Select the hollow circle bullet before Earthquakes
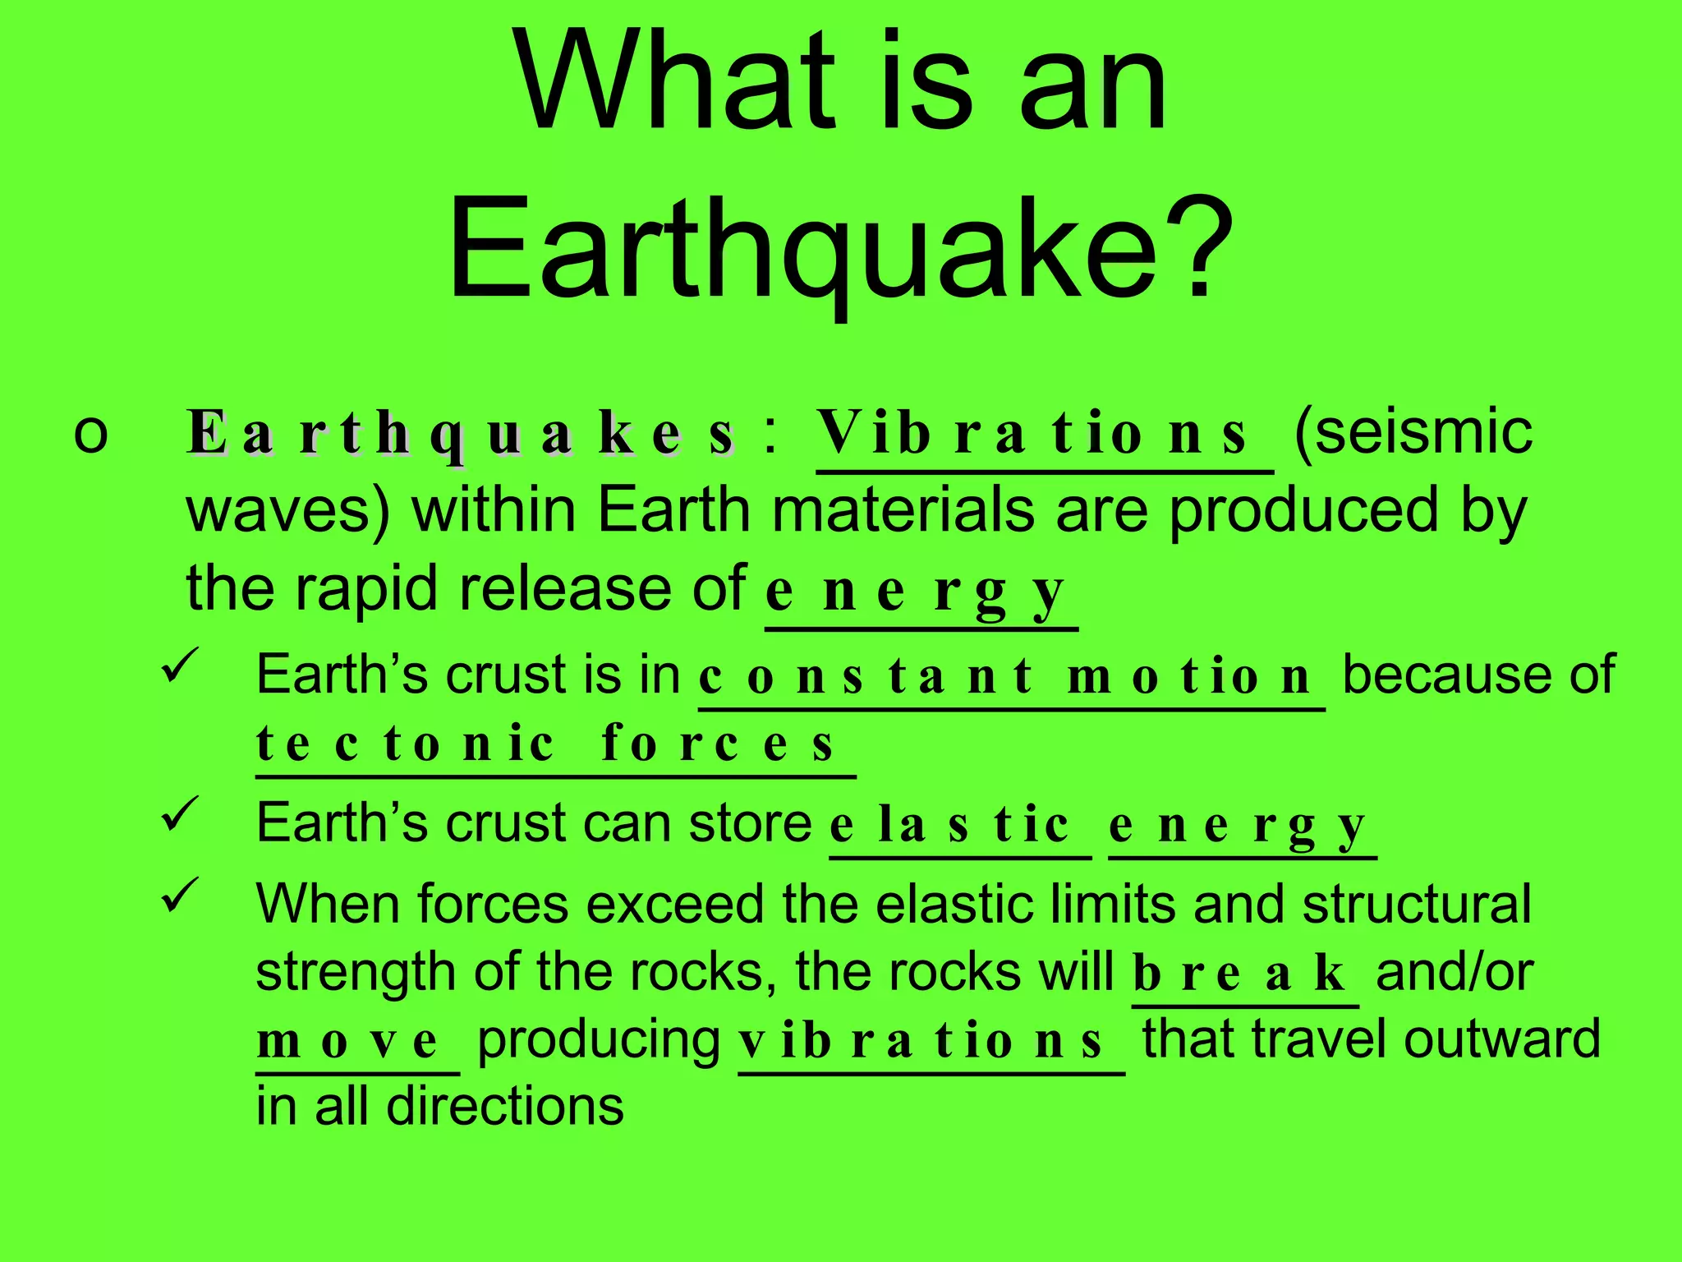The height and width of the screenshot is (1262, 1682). tap(90, 433)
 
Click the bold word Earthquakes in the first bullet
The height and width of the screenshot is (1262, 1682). tap(460, 433)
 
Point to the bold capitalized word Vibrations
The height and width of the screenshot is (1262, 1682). tap(1035, 433)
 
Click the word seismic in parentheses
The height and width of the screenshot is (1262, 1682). tap(1413, 431)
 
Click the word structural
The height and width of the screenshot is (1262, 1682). tap(1417, 904)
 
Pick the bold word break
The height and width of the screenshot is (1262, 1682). tap(1240, 974)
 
